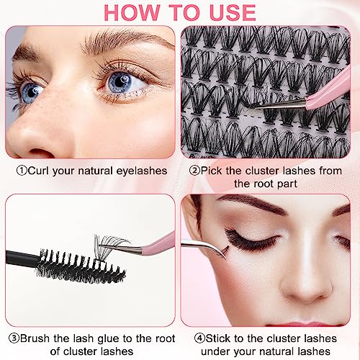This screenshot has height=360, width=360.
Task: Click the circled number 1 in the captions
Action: [21, 171]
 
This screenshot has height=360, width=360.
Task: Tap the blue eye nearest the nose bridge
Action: [120, 81]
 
